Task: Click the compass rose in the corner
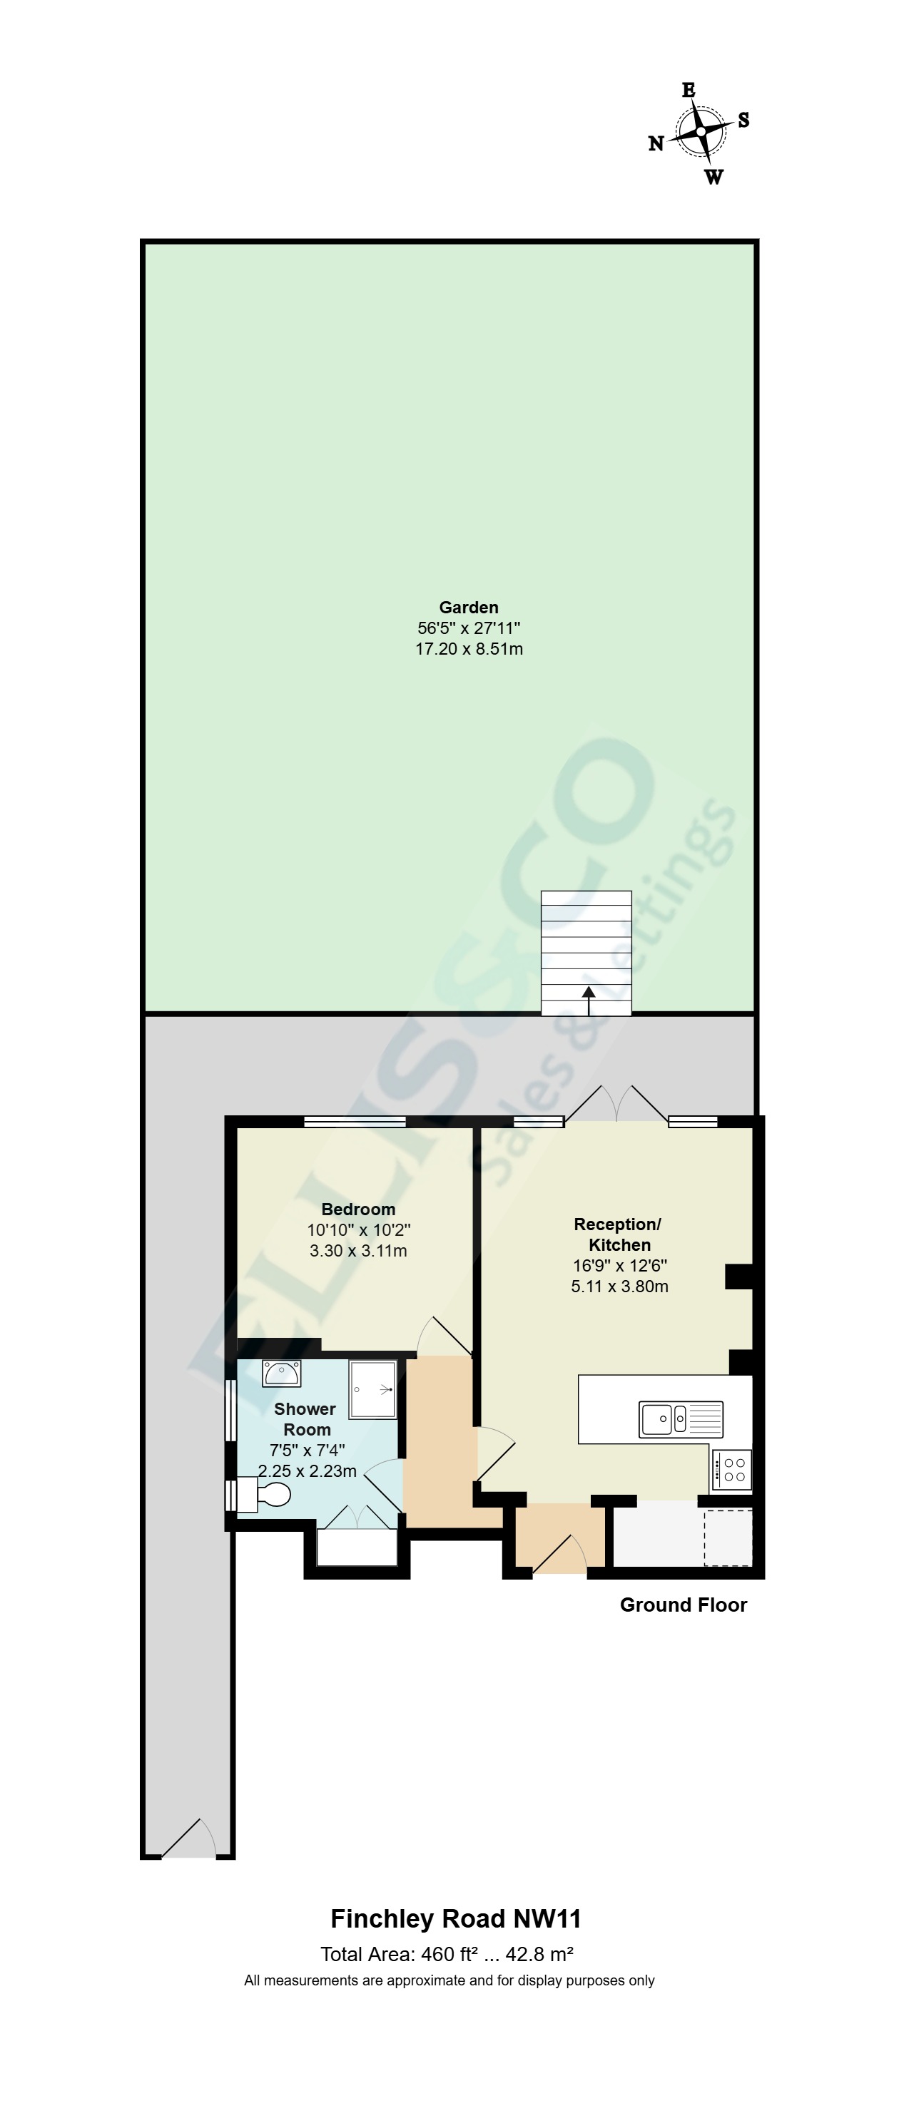700,132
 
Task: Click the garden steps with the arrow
586,953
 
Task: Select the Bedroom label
357,1209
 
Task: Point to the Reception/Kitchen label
619,1234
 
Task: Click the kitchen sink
681,1418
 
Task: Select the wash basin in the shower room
281,1373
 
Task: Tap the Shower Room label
305,1419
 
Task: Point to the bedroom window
355,1122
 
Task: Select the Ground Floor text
684,1605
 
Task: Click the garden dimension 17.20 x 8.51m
469,648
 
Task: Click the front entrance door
559,1553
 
